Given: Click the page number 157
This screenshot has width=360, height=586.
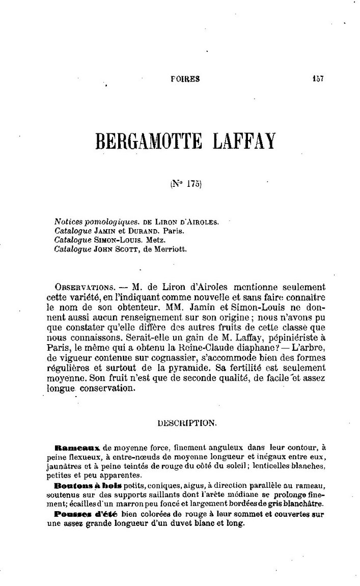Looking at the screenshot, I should click(318, 78).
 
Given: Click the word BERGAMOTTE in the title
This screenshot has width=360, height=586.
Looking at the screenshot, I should click(151, 141).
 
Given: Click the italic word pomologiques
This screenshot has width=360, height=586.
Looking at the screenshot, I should click(106, 222).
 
